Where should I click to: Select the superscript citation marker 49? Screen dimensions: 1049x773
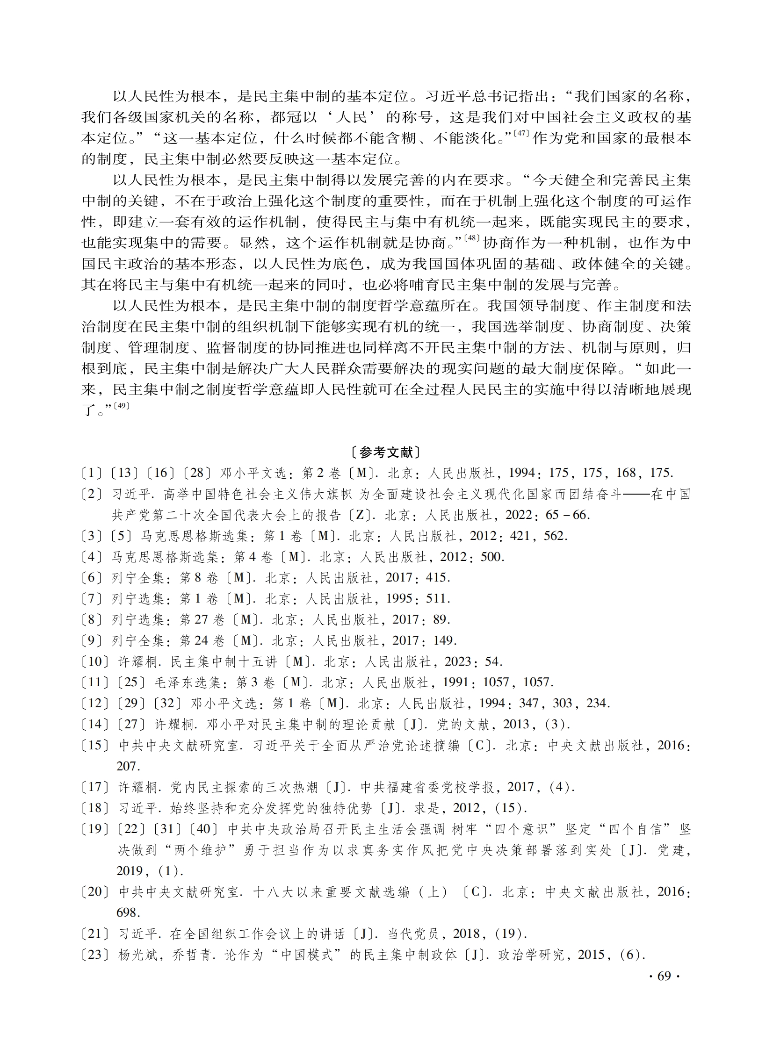121,406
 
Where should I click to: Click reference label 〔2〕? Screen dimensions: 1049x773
92,494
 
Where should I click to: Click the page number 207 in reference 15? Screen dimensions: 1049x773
129,766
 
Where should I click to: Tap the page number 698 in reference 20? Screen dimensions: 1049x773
129,912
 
